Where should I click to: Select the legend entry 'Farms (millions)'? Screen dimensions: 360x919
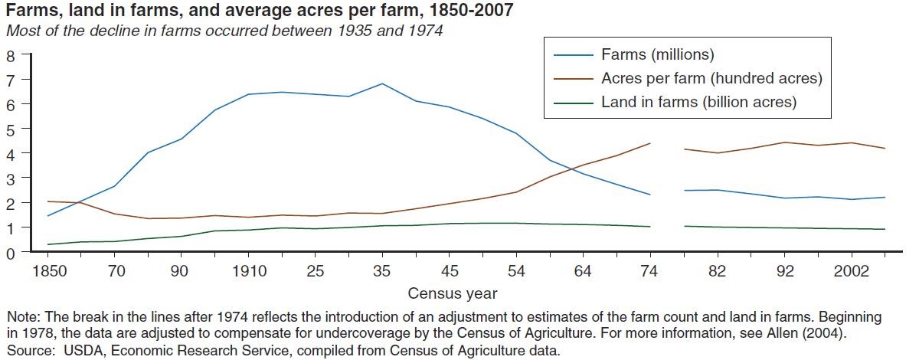pos(657,54)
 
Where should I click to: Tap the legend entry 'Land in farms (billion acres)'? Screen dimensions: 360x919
pos(698,102)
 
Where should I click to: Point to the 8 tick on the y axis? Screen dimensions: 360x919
pos(11,55)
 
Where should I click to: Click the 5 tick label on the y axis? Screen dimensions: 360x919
pos(11,129)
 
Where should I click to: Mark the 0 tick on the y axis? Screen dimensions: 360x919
pos(11,253)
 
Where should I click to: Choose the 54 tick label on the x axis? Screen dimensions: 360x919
pos(516,271)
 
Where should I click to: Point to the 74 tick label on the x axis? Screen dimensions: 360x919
pos(650,271)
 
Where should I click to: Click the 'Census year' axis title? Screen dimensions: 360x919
pos(453,293)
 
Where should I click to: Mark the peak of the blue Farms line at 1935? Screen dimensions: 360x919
pos(382,83)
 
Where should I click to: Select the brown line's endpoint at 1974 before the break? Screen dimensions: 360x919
pos(650,143)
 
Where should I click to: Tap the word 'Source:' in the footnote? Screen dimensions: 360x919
pos(28,352)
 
